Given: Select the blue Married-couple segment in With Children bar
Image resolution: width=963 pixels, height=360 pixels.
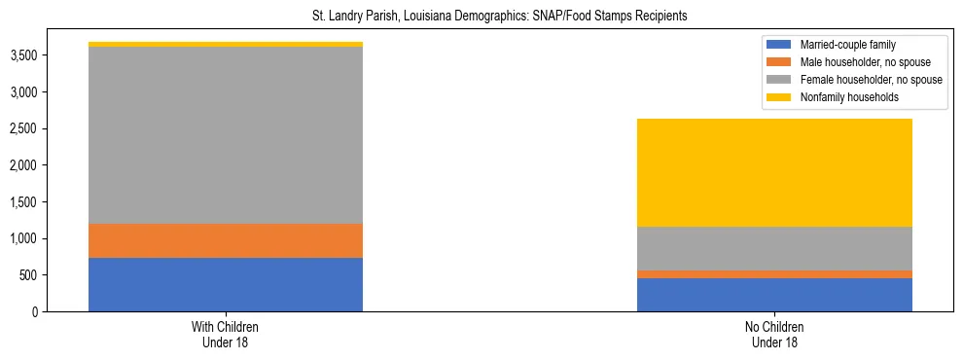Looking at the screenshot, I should pos(226,284).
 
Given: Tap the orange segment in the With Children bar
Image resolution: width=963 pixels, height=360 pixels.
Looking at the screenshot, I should pos(226,240).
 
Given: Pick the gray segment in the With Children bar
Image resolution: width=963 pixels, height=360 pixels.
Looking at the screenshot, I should pos(226,135).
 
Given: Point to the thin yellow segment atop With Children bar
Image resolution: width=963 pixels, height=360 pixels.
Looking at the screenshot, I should pos(226,44).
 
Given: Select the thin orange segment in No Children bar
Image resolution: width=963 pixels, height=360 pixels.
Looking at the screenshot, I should pos(774,274).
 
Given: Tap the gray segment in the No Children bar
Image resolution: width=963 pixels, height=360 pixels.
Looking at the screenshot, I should pos(774,248).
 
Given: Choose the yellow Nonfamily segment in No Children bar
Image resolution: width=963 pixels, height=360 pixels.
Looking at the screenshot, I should pos(774,172).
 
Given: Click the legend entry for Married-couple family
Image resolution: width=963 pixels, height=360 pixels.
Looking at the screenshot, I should pos(847,45).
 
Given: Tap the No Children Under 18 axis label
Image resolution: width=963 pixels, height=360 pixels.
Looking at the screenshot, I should pos(774,335).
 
